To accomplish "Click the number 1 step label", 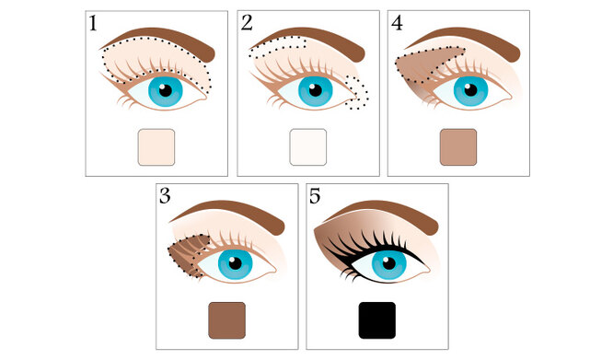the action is [x=93, y=23].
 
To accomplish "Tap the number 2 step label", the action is [x=247, y=23].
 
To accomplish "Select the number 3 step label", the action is [x=165, y=196].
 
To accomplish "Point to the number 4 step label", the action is [x=397, y=23].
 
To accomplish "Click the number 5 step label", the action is [x=315, y=196].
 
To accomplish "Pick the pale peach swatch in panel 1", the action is [x=156, y=147].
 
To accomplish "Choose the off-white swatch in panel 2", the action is [x=308, y=147].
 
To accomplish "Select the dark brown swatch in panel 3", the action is [x=227, y=320].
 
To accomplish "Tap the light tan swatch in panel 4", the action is [x=458, y=147].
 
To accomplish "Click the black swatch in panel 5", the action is [x=377, y=320].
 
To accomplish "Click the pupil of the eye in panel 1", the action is [x=166, y=90].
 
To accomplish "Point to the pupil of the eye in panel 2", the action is [x=315, y=90].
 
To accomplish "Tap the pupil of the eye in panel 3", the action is [x=235, y=263].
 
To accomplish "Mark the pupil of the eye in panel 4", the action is [x=470, y=90].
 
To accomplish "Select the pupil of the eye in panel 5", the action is [x=389, y=263].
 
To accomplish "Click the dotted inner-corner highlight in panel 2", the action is [x=357, y=93].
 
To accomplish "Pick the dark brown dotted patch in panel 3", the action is [x=188, y=255].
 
